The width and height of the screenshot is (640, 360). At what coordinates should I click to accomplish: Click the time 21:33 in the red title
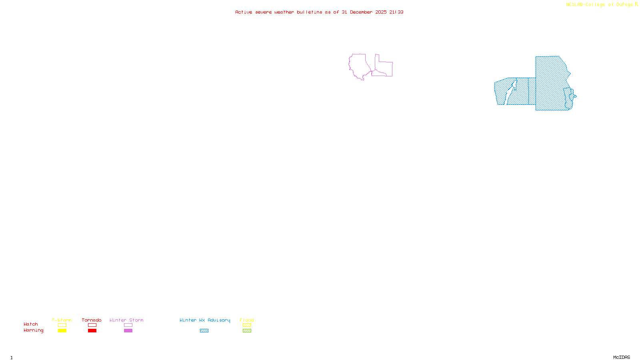pyautogui.click(x=396, y=12)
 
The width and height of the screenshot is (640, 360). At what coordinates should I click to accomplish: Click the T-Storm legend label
pyautogui.click(x=62, y=320)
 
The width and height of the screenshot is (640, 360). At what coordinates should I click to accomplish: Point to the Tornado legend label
pyautogui.click(x=92, y=320)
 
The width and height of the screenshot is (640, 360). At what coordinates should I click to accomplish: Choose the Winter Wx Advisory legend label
pyautogui.click(x=205, y=320)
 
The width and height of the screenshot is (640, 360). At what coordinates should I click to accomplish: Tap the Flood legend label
pyautogui.click(x=247, y=320)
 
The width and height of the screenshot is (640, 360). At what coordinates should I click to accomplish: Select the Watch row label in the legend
pyautogui.click(x=31, y=324)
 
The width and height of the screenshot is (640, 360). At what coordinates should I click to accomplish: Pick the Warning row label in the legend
pyautogui.click(x=34, y=330)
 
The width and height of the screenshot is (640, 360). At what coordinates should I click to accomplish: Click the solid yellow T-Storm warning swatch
pyautogui.click(x=62, y=331)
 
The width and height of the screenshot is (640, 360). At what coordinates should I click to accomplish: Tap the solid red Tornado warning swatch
pyautogui.click(x=92, y=331)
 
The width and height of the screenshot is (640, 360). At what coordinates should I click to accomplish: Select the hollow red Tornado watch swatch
pyautogui.click(x=92, y=325)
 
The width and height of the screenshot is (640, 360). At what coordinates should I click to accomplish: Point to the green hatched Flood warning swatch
pyautogui.click(x=247, y=331)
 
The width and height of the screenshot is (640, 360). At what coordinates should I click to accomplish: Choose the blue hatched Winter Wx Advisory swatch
pyautogui.click(x=204, y=331)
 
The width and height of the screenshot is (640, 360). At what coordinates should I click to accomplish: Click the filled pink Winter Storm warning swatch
pyautogui.click(x=128, y=331)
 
